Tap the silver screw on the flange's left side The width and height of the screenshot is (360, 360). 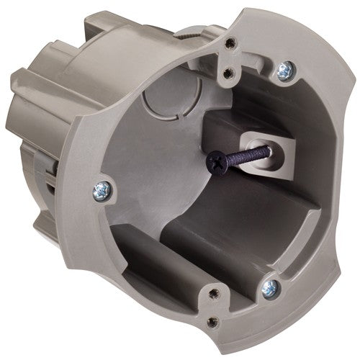pos(100,190)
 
